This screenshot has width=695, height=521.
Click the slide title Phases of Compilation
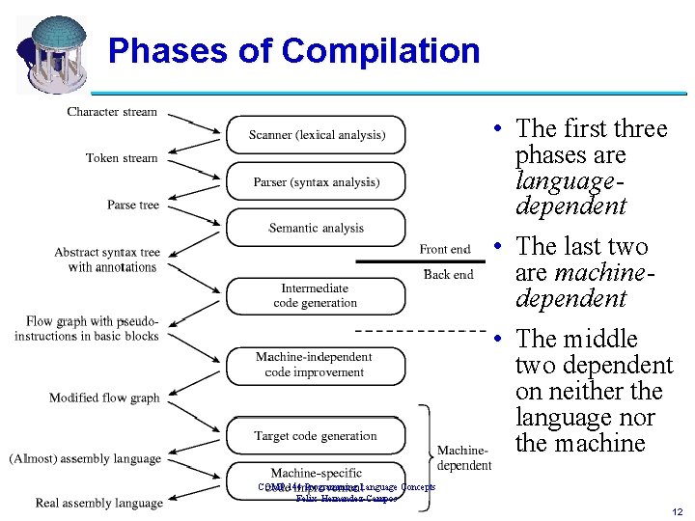click(x=293, y=50)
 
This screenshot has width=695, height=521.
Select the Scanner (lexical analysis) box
click(x=317, y=135)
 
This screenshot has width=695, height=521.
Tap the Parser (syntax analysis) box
click(x=317, y=181)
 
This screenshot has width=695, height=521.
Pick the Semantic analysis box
click(x=317, y=228)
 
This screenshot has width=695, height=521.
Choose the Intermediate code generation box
click(x=315, y=295)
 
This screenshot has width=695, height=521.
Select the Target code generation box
click(x=316, y=436)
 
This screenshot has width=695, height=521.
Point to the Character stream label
click(x=112, y=112)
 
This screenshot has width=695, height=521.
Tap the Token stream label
click(x=121, y=158)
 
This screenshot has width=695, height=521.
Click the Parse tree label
click(x=133, y=205)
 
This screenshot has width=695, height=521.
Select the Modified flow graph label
click(x=104, y=398)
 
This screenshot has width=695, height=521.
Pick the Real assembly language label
click(x=98, y=503)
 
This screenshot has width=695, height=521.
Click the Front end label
click(x=445, y=249)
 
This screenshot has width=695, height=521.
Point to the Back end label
click(x=449, y=274)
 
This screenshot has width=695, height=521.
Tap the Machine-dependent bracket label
click(x=464, y=458)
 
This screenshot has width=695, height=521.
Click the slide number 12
click(x=679, y=510)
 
